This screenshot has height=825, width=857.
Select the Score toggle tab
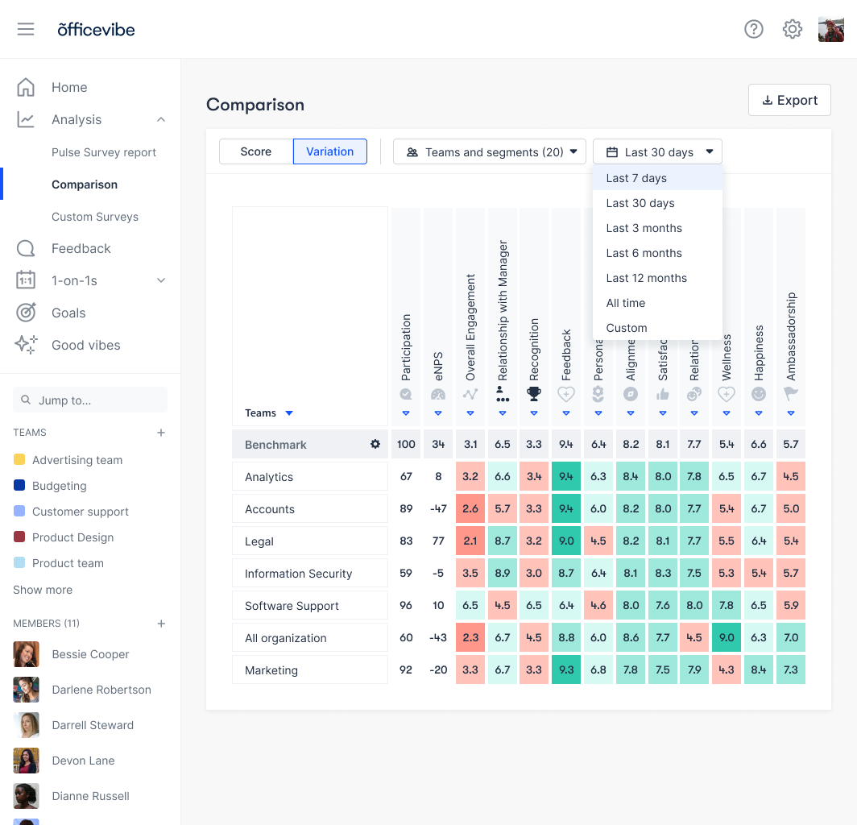click(x=256, y=151)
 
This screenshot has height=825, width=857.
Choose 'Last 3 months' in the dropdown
click(x=644, y=228)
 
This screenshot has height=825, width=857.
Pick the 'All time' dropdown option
click(x=626, y=303)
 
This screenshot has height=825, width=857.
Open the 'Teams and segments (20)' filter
click(x=490, y=151)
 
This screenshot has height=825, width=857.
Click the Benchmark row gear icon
click(x=375, y=444)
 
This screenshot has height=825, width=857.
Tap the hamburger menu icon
click(x=26, y=30)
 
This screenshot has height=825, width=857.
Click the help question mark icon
click(x=754, y=30)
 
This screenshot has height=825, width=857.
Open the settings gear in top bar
click(x=793, y=30)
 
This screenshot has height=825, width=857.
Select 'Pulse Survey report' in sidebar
click(x=104, y=152)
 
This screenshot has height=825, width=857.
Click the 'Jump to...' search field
click(x=90, y=400)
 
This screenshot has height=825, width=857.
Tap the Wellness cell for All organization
click(x=727, y=637)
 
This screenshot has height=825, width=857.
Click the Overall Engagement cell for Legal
click(x=470, y=541)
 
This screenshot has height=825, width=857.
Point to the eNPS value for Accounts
click(x=438, y=508)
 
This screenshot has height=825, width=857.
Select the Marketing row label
click(x=271, y=670)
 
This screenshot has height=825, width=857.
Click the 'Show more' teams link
click(x=43, y=590)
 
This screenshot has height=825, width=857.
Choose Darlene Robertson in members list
click(x=101, y=690)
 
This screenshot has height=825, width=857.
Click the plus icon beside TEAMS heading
click(x=161, y=433)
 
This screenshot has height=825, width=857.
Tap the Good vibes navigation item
click(x=85, y=345)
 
